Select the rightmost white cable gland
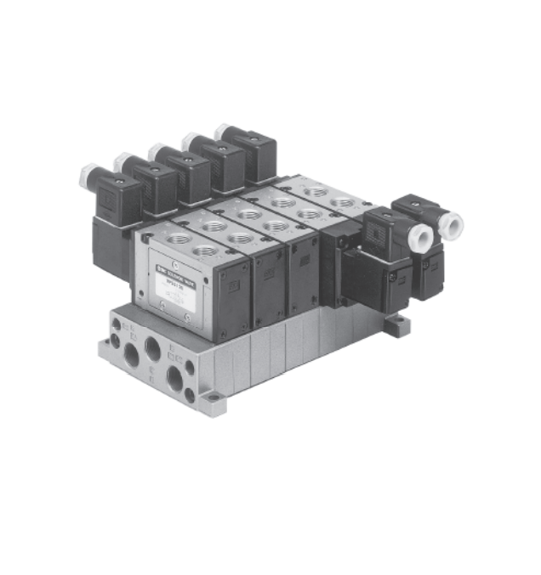tap(451, 225)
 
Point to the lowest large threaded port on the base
tap(175, 380)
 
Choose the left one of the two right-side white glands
tap(419, 236)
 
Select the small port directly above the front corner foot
tap(189, 368)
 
